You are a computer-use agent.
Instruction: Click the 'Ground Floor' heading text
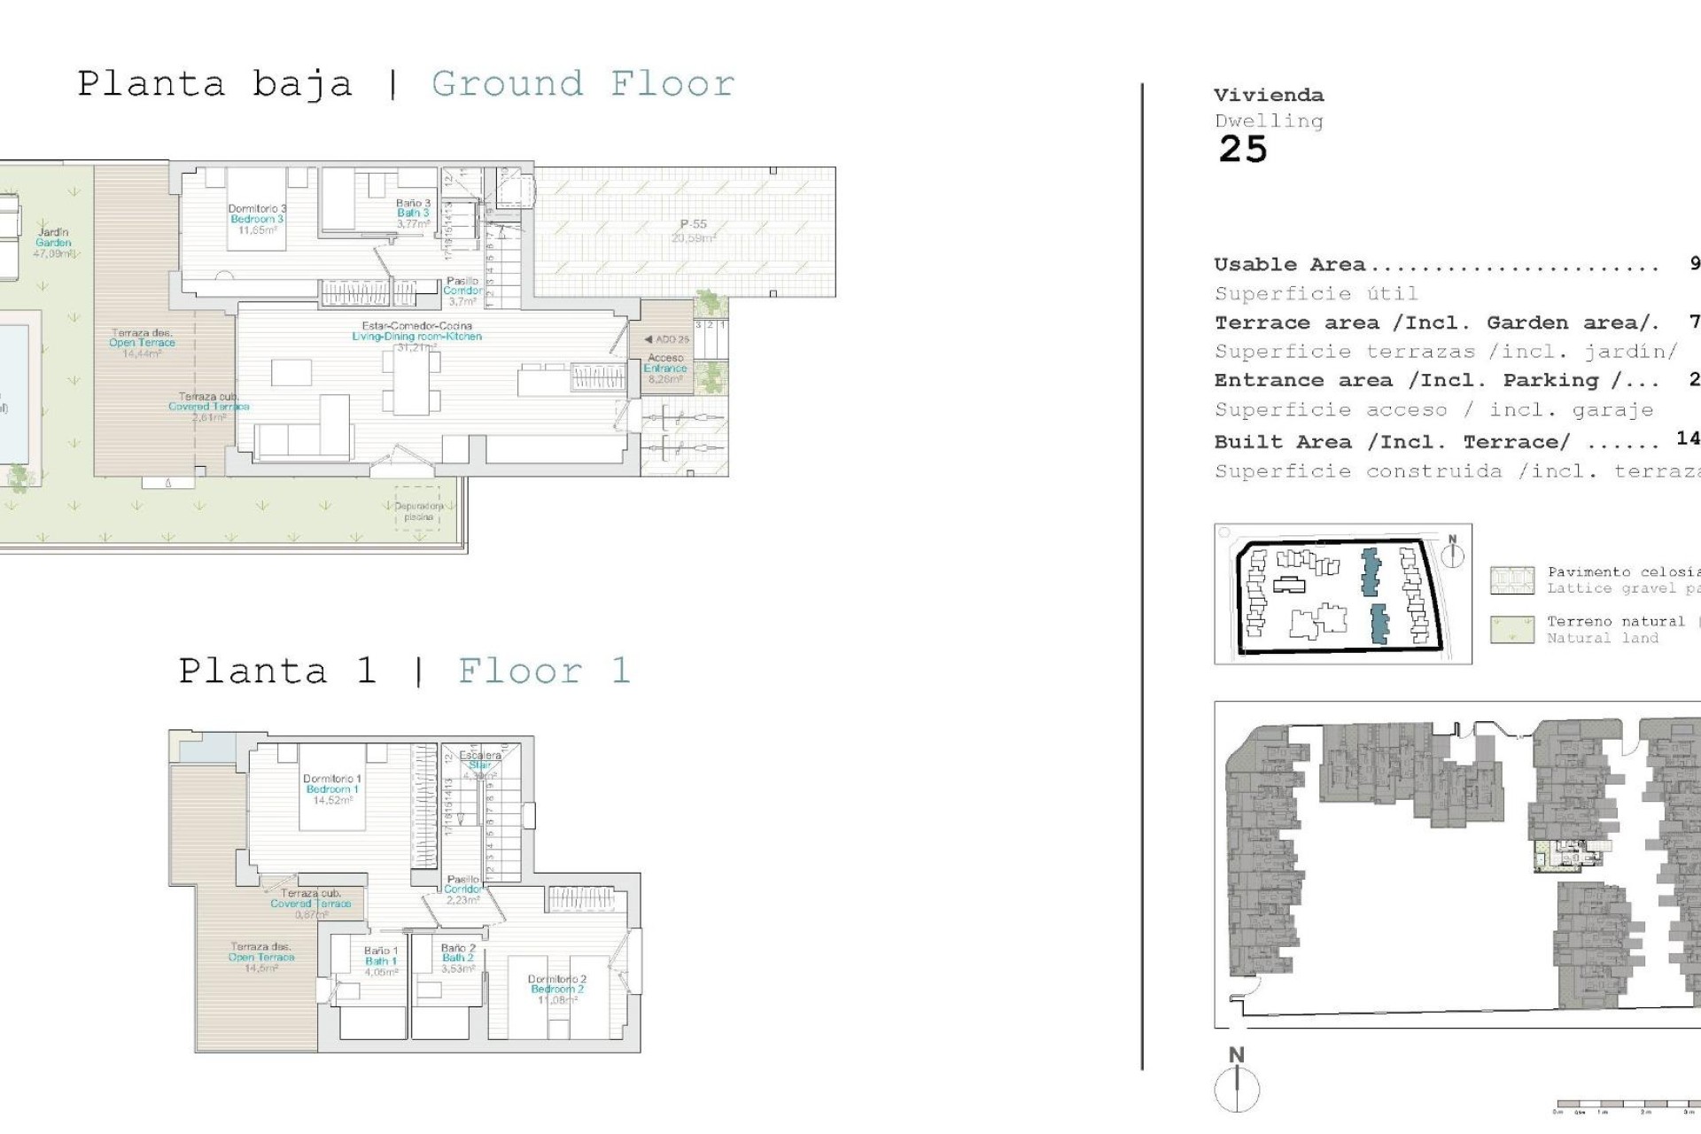[x=582, y=84]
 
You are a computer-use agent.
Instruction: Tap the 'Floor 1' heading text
[x=543, y=671]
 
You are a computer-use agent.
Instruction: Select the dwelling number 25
[x=1243, y=150]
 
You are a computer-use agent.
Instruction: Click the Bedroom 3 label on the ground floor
[x=257, y=219]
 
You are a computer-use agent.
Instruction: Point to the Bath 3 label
[x=413, y=213]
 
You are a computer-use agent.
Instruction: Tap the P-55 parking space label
[x=693, y=225]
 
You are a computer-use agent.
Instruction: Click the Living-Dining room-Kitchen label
[x=416, y=336]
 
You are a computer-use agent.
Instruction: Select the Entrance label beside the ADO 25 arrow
[x=665, y=368]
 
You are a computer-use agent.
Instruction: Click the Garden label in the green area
[x=53, y=242]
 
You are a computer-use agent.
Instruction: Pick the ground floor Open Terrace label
[x=142, y=343]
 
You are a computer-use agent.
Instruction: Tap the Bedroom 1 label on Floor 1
[x=331, y=788]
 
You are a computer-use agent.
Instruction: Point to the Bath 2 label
[x=457, y=958]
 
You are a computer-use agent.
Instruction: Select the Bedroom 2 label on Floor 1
[x=557, y=989]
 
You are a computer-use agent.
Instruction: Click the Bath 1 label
[x=380, y=960]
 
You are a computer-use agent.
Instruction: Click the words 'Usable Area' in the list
[x=1289, y=264]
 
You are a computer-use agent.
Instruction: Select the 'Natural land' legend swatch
[x=1511, y=630]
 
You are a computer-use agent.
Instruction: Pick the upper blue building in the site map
[x=1371, y=572]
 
